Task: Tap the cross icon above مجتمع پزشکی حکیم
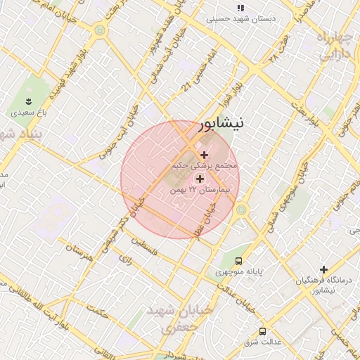coord(205,155)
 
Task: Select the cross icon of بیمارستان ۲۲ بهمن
coord(200,179)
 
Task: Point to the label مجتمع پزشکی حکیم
coord(205,166)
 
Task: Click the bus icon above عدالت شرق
coord(262,331)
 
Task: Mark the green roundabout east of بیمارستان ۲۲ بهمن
coord(242,209)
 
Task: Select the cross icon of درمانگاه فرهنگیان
coord(324,269)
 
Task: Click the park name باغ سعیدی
coord(28,112)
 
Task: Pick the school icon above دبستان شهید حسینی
coord(240,8)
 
